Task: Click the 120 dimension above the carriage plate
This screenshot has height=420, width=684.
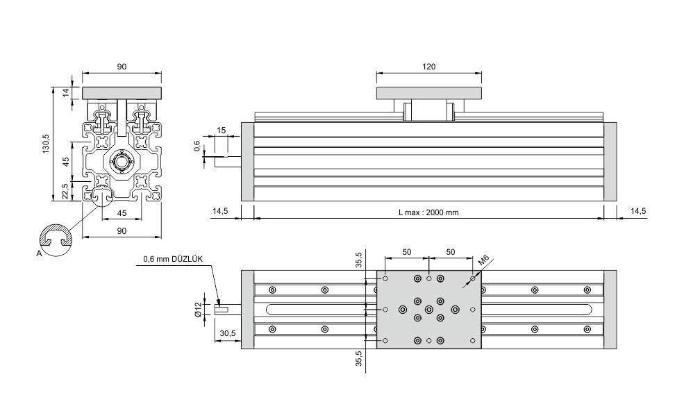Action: point(429,67)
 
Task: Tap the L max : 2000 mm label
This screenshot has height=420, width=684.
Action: point(428,212)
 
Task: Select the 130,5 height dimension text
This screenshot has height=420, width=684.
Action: point(47,144)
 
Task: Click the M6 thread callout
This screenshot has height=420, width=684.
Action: point(483,261)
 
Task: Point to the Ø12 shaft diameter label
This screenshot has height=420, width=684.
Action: point(198,309)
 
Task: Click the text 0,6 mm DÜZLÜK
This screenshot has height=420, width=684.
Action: point(173,259)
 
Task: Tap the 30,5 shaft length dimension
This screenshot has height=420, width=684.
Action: point(227,333)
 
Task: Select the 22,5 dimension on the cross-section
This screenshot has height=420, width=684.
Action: point(65,192)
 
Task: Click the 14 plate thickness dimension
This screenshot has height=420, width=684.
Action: point(66,92)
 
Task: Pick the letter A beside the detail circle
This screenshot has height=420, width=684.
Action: point(40,253)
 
